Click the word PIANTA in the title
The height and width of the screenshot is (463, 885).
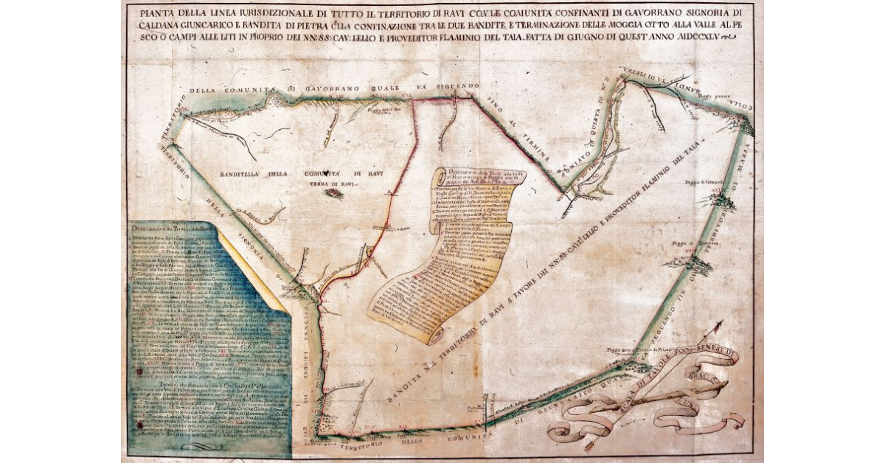150,13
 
